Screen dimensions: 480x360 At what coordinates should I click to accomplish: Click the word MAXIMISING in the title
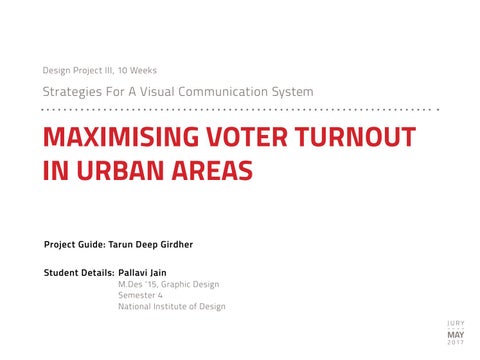(121, 137)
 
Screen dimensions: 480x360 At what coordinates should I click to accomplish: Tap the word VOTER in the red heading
(247, 137)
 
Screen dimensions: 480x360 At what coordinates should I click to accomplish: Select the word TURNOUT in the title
(356, 137)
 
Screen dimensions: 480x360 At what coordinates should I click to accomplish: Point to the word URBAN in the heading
(121, 170)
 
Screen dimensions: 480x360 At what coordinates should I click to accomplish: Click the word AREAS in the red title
(212, 170)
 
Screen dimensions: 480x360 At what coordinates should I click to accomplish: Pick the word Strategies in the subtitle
(72, 92)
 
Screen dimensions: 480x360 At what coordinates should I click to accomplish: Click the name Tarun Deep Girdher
(151, 244)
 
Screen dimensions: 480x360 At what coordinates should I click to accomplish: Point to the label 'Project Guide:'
(75, 244)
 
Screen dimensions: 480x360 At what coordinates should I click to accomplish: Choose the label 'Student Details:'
(79, 273)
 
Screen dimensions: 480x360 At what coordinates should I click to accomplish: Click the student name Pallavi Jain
(142, 273)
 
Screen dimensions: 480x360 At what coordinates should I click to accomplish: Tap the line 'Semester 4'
(140, 295)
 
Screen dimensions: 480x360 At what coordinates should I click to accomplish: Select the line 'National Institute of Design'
(172, 306)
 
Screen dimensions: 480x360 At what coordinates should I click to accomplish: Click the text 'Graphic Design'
(190, 284)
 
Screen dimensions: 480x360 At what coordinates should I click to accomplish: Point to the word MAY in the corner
(456, 335)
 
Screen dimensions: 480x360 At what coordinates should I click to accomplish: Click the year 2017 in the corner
(456, 342)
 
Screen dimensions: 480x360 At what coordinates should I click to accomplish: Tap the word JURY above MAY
(456, 323)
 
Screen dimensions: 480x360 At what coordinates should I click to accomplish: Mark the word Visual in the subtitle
(155, 91)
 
